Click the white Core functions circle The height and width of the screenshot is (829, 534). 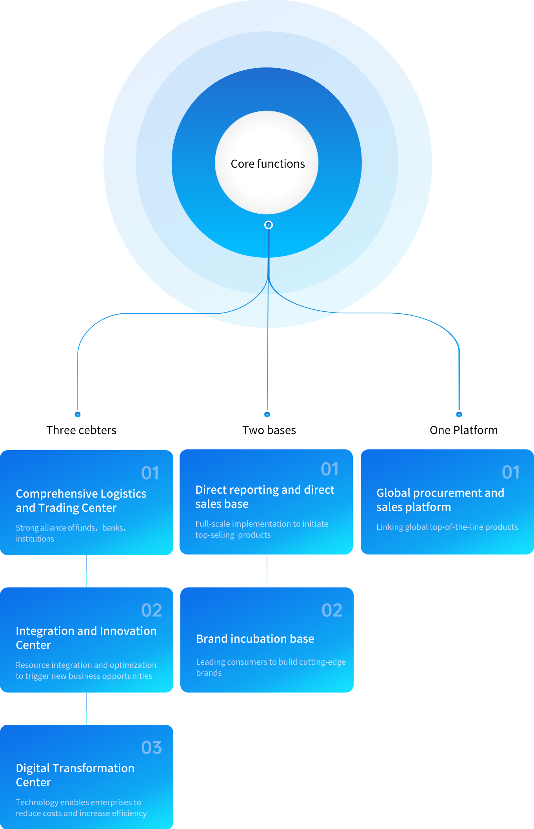pyautogui.click(x=267, y=163)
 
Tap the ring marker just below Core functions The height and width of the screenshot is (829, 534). pyautogui.click(x=269, y=225)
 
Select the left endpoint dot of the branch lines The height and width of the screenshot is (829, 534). pyautogui.click(x=78, y=414)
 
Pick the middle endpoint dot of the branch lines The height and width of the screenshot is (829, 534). pyautogui.click(x=267, y=414)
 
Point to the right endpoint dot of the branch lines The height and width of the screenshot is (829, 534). pyautogui.click(x=459, y=414)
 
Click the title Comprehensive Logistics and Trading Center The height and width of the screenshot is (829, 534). pyautogui.click(x=81, y=501)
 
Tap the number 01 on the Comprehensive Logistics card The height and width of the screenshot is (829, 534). pyautogui.click(x=150, y=473)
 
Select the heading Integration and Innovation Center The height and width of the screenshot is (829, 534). pyautogui.click(x=86, y=638)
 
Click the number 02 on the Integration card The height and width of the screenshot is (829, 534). pyautogui.click(x=151, y=610)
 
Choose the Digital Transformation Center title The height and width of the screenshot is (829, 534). pyautogui.click(x=75, y=775)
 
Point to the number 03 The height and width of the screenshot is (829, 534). pyautogui.click(x=151, y=747)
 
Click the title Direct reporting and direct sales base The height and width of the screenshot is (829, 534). pyautogui.click(x=265, y=497)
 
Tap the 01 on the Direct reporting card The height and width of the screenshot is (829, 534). pyautogui.click(x=330, y=469)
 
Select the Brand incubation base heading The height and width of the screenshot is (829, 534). pyautogui.click(x=255, y=639)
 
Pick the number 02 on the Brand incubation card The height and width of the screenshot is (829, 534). pyautogui.click(x=332, y=610)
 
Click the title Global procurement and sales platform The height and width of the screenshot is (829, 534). pyautogui.click(x=440, y=500)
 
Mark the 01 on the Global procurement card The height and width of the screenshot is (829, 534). pyautogui.click(x=511, y=472)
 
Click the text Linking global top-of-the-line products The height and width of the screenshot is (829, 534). pyautogui.click(x=447, y=527)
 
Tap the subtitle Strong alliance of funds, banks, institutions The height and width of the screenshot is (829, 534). pyautogui.click(x=71, y=533)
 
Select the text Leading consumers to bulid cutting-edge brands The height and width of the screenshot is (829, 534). pyautogui.click(x=271, y=667)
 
